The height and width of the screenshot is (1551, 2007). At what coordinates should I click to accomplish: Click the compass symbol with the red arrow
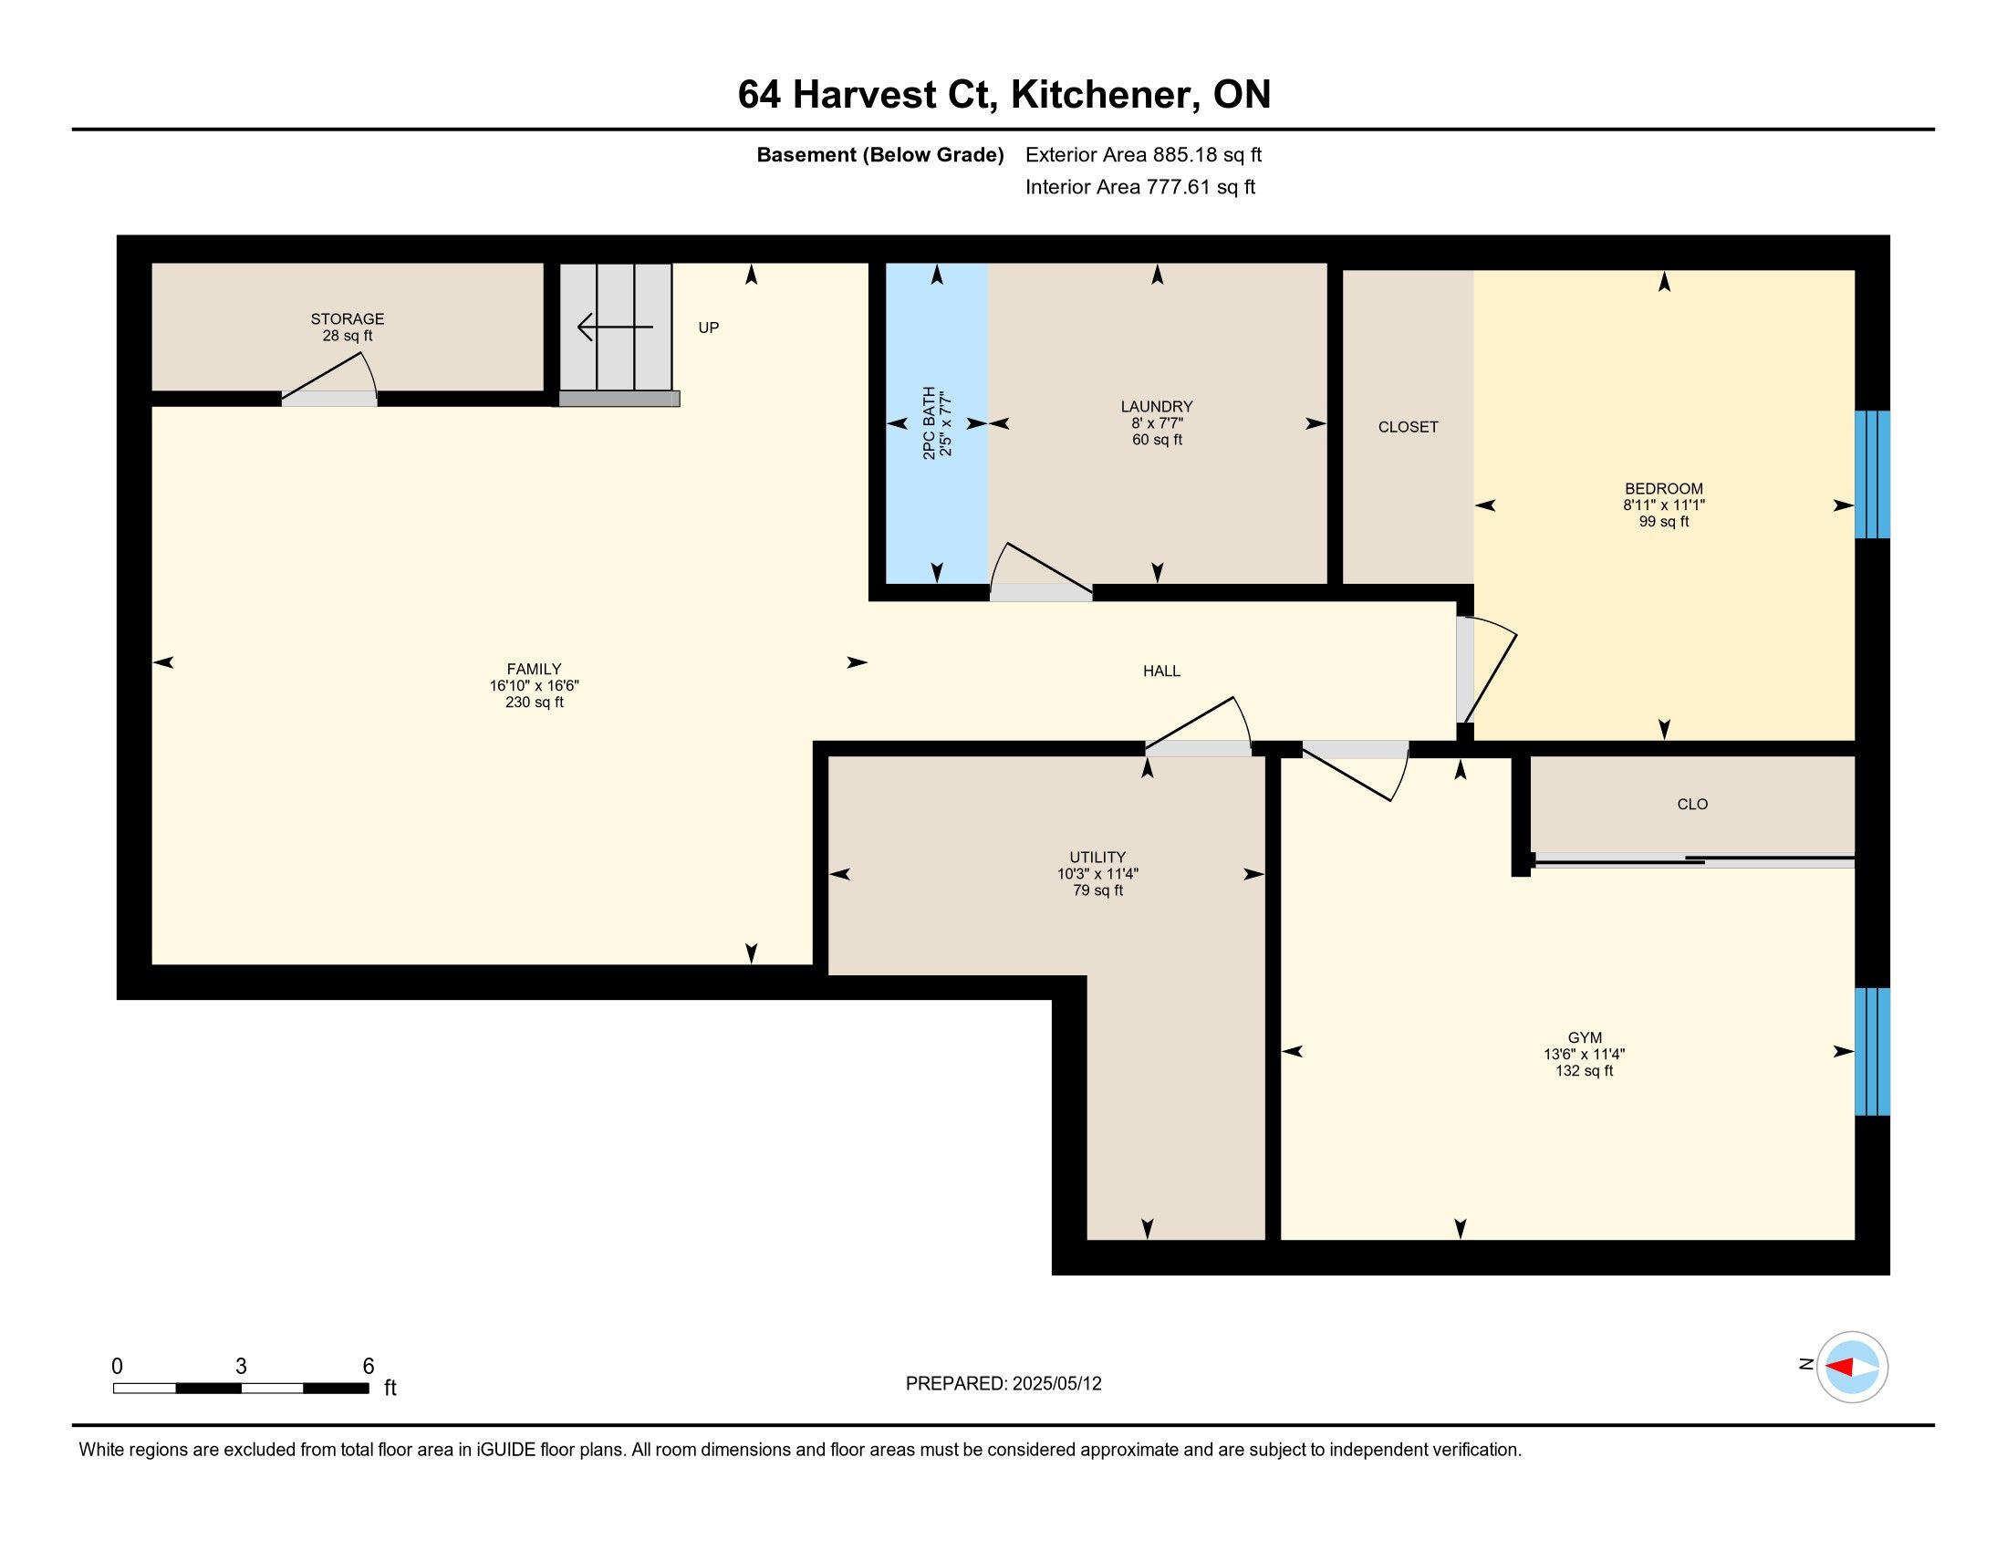[1852, 1367]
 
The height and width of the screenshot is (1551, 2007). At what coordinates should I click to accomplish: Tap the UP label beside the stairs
[708, 328]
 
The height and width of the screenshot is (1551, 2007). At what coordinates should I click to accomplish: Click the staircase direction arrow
[615, 328]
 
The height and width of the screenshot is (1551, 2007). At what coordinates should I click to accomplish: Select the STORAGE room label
[348, 318]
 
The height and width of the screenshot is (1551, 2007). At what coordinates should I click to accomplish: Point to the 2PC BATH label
[929, 423]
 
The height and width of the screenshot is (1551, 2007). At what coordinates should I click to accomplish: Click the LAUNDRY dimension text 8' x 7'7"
[1157, 423]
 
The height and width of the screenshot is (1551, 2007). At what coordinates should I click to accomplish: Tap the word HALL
[1161, 671]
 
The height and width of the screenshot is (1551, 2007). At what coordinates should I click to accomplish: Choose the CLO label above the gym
[1691, 805]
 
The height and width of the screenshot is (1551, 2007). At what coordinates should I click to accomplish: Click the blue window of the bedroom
[1872, 474]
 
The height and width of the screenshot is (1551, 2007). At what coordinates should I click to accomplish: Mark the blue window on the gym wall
[1872, 1051]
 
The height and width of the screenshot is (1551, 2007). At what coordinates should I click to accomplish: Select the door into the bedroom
[1485, 670]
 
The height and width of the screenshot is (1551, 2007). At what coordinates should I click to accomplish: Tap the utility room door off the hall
[1198, 727]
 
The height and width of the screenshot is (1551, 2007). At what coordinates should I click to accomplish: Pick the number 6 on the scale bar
[369, 1367]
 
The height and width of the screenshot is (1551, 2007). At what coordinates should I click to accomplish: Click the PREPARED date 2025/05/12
[1056, 1384]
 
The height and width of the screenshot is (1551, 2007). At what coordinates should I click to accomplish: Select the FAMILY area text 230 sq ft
[534, 703]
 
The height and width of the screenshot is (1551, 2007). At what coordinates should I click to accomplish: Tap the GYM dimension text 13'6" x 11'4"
[1585, 1055]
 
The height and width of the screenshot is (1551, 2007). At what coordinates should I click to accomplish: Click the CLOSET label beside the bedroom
[1408, 427]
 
